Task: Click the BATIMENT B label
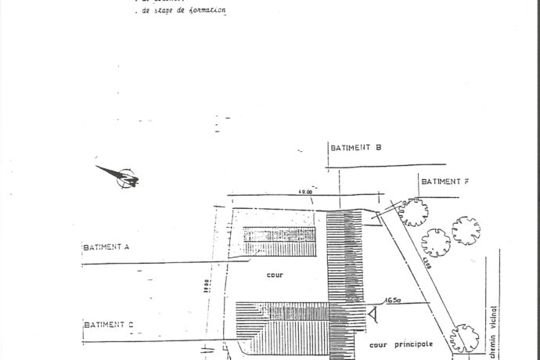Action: pos(355,147)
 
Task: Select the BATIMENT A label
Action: pos(106,247)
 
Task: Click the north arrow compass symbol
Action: pos(121,177)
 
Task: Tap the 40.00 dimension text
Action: pos(305,192)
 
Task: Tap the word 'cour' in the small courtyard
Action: pos(273,275)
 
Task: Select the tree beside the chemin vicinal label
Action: pos(465,337)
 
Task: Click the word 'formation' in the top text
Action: pos(203,12)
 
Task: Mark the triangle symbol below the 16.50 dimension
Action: pos(374,315)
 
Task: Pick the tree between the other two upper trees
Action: pos(435,242)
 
